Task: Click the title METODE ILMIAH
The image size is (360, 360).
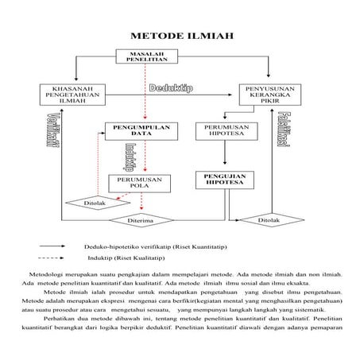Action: coord(180,37)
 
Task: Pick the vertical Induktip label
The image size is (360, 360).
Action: coord(127,154)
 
